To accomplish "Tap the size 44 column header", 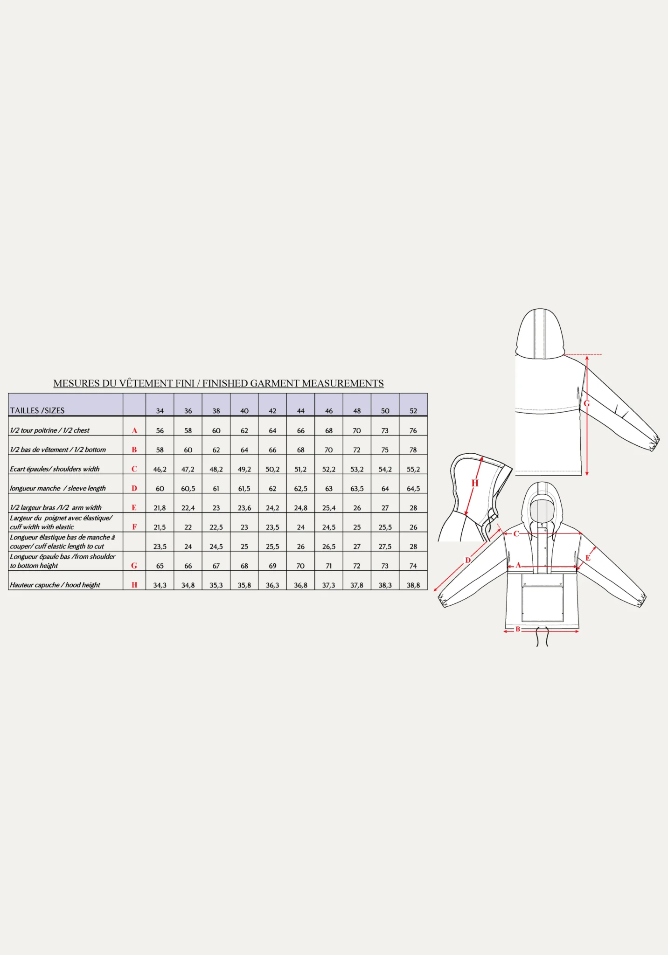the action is click(300, 411).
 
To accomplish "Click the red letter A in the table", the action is click(134, 430).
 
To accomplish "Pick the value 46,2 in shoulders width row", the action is click(160, 469).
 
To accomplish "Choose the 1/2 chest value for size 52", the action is click(413, 430).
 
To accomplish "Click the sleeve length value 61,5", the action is click(244, 489).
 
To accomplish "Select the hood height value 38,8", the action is click(413, 585).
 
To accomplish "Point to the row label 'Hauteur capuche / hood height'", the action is click(55, 585).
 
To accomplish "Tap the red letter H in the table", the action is click(134, 585).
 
